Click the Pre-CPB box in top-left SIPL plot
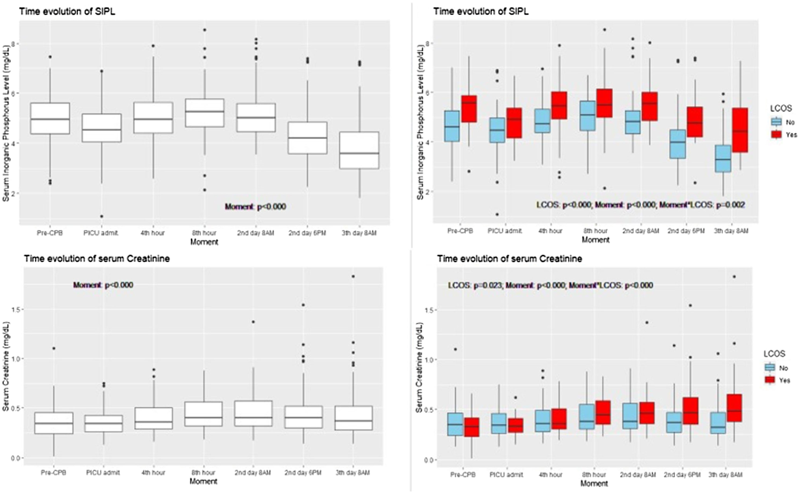pos(50,118)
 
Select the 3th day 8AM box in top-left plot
pos(359,150)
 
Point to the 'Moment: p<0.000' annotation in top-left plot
pos(255,206)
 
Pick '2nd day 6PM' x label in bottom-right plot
pos(682,475)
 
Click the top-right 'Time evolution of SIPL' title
pos(481,11)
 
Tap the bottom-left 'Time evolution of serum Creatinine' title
pos(97,259)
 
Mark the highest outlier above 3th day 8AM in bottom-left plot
pos(353,276)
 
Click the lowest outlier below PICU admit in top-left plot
pos(102,216)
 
